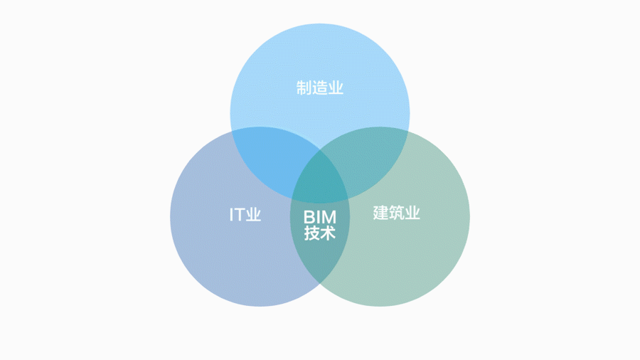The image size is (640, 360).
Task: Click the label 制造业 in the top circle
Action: [x=320, y=88]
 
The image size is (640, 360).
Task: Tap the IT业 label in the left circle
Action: [x=245, y=214]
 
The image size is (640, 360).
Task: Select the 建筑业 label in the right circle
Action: [x=397, y=212]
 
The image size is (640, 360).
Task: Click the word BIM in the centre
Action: [x=319, y=217]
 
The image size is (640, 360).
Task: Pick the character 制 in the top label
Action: [x=304, y=88]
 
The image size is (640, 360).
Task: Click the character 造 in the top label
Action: [x=320, y=88]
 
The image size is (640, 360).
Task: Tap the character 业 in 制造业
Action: [x=336, y=88]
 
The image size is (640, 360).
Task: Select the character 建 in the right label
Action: [x=381, y=212]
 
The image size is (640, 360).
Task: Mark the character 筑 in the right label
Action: [x=397, y=212]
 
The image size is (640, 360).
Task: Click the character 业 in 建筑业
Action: [x=412, y=212]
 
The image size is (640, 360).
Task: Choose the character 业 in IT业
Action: [x=253, y=214]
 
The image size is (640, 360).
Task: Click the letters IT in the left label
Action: [x=237, y=214]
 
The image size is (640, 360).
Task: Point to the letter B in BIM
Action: [x=309, y=217]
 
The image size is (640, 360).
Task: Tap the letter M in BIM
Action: [x=329, y=217]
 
